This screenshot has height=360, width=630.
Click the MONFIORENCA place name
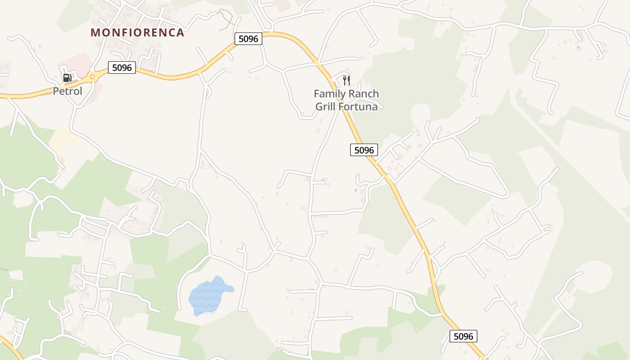click(x=137, y=33)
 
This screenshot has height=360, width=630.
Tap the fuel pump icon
click(x=67, y=78)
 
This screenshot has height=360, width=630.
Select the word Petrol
click(x=67, y=91)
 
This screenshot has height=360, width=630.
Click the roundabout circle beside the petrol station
click(x=92, y=77)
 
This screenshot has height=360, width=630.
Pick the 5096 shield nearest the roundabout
click(x=121, y=68)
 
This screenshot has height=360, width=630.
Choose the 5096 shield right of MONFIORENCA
click(x=248, y=39)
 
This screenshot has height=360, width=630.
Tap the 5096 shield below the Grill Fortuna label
click(x=364, y=150)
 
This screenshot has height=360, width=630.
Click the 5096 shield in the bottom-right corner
click(x=463, y=336)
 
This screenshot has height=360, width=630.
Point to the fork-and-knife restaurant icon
click(x=346, y=81)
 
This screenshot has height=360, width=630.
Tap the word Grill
click(x=325, y=107)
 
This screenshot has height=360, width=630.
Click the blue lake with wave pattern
click(x=209, y=296)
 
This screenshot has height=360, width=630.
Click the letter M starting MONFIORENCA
click(x=95, y=33)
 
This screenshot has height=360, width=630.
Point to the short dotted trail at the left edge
click(x=4, y=270)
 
